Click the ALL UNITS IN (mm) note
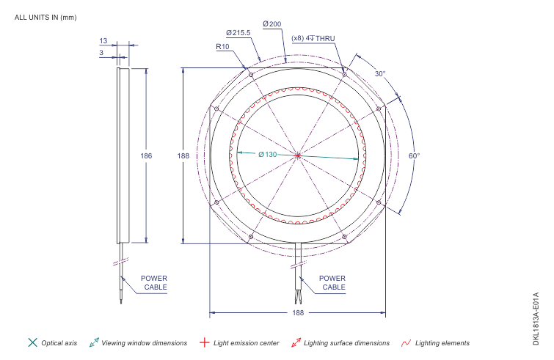(45, 17)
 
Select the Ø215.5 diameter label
(238, 33)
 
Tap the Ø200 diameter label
(271, 24)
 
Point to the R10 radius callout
(223, 46)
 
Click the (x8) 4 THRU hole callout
(313, 38)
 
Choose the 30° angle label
(379, 74)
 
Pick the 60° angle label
(414, 156)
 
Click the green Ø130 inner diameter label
(267, 155)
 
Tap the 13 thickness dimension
(103, 41)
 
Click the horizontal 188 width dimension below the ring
(298, 312)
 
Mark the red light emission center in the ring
(297, 155)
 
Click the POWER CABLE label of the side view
(154, 283)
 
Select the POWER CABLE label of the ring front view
(333, 283)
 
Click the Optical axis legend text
(59, 342)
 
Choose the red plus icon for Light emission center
(205, 342)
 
